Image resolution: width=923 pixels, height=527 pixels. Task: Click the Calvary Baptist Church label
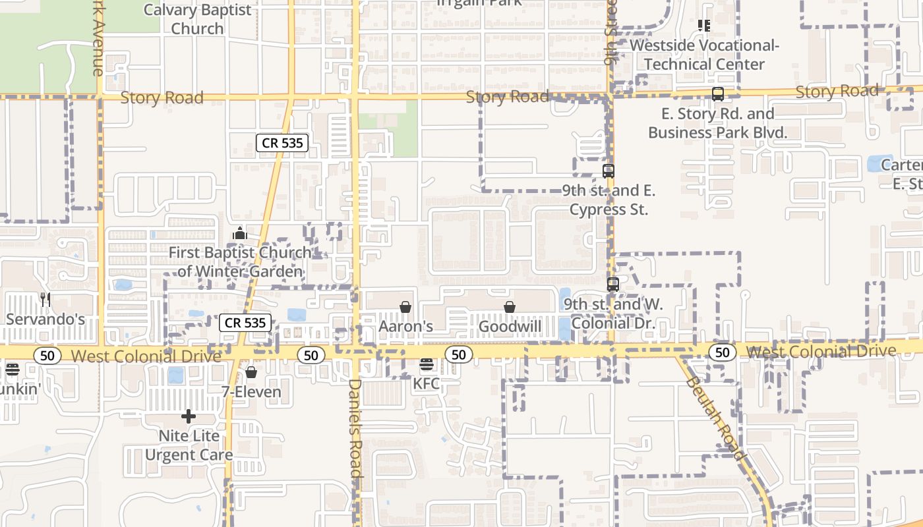tap(198, 19)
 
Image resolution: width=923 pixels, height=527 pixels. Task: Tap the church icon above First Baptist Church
tap(240, 233)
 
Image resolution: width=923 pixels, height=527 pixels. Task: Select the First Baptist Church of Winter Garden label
tap(240, 262)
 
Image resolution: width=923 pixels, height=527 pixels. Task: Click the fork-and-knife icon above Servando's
tap(45, 300)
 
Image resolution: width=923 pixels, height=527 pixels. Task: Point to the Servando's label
tap(45, 319)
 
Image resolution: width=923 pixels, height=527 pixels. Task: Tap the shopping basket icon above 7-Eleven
tap(251, 372)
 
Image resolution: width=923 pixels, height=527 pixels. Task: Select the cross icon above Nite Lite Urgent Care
tap(189, 416)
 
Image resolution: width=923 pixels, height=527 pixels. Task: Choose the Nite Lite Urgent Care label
tap(189, 445)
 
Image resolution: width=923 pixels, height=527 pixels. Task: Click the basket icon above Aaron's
tap(405, 307)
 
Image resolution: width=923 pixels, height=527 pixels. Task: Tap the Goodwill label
tap(510, 326)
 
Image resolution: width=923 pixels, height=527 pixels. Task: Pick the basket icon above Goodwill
tap(510, 307)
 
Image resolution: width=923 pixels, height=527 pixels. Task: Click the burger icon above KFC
tap(427, 364)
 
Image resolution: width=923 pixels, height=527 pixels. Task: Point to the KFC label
tap(427, 383)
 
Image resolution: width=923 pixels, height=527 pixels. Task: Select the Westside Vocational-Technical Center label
tap(704, 55)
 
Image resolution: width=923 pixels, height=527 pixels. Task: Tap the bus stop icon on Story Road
tap(718, 94)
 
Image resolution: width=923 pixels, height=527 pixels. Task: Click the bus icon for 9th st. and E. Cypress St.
tap(609, 171)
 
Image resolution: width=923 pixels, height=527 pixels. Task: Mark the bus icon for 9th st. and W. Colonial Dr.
tap(613, 285)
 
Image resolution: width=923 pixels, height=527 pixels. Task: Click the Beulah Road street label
tap(715, 418)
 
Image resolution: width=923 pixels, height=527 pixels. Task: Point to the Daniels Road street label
tap(355, 428)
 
